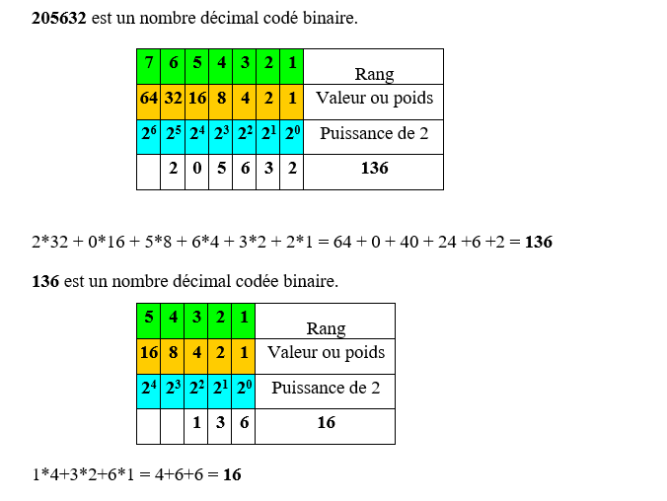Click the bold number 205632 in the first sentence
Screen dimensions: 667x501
tap(59, 18)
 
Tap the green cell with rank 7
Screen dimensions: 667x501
tap(148, 66)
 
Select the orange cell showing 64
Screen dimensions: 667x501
tap(148, 102)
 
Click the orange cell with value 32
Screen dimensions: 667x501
tap(173, 102)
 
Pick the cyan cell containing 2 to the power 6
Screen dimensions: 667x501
tap(148, 137)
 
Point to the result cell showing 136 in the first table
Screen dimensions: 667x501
tap(374, 172)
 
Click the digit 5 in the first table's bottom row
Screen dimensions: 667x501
tap(221, 168)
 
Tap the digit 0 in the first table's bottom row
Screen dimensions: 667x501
tap(197, 168)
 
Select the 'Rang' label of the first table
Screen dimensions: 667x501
tap(374, 74)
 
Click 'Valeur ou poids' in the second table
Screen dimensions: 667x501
tap(326, 352)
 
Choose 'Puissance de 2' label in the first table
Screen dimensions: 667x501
tap(374, 133)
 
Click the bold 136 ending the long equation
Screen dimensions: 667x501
tap(539, 242)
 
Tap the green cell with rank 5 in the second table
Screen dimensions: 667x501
tap(148, 322)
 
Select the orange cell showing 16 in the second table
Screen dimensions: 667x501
tap(148, 356)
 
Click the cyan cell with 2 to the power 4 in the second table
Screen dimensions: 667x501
tap(148, 392)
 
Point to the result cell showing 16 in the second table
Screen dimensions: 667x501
tap(326, 427)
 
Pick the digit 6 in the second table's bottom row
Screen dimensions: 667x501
tap(244, 422)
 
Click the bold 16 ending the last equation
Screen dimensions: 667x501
tap(232, 474)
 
